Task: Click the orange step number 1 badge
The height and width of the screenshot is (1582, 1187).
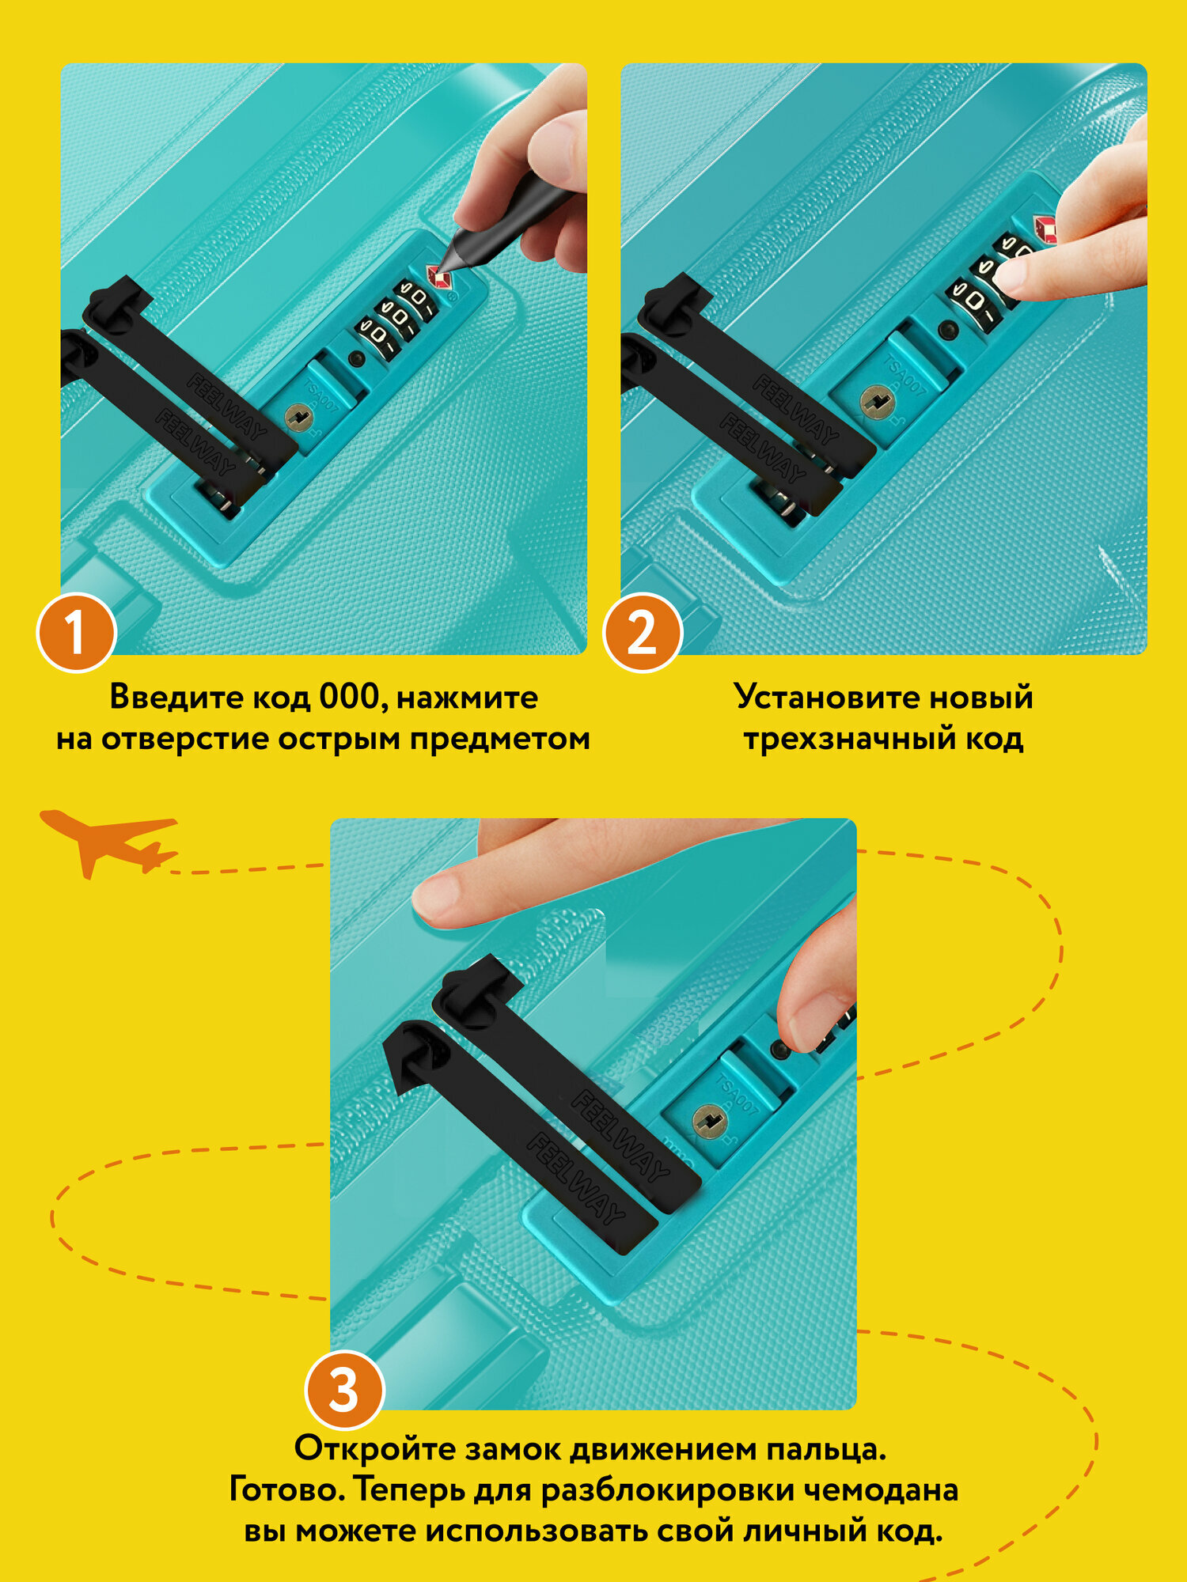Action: (77, 633)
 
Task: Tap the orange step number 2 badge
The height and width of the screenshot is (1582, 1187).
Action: (643, 633)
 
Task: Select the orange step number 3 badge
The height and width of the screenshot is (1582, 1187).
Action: (345, 1390)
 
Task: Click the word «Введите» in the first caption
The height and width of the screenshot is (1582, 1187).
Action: (176, 698)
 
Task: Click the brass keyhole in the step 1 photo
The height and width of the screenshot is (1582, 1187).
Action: (298, 417)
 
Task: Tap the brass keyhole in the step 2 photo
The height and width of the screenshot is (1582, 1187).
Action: (877, 403)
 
